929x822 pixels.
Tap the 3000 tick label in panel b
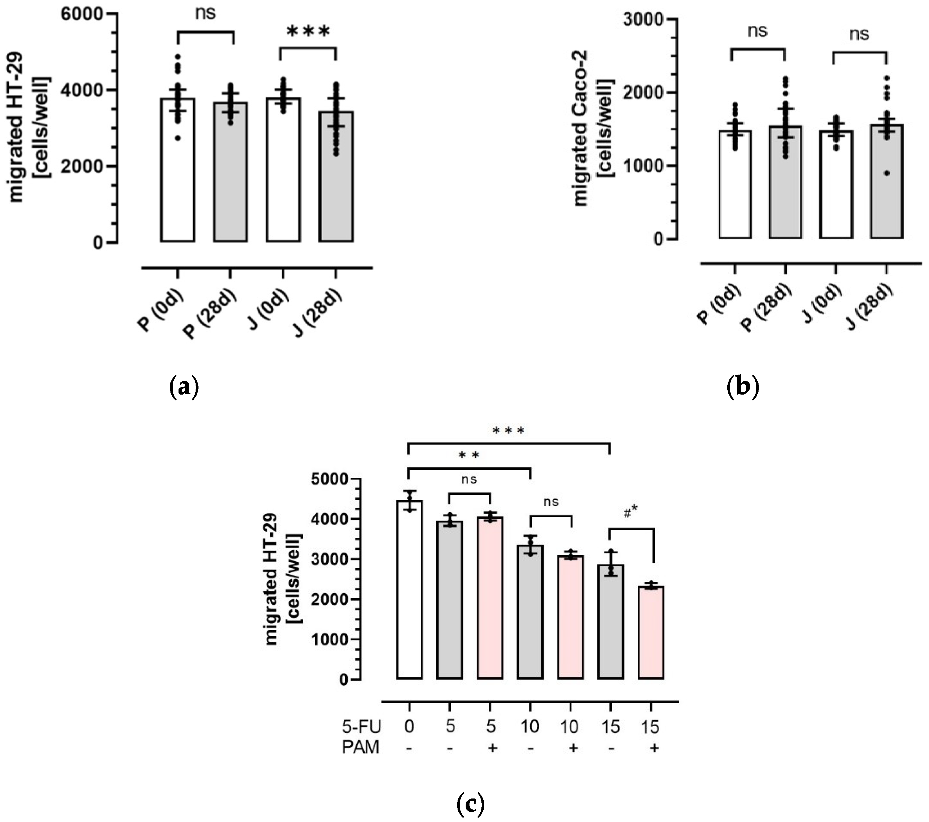pos(643,20)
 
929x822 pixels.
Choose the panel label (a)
pos(184,387)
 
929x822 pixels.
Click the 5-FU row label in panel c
pos(361,727)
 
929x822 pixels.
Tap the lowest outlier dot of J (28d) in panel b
pos(887,173)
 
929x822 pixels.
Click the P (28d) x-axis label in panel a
pos(210,313)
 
